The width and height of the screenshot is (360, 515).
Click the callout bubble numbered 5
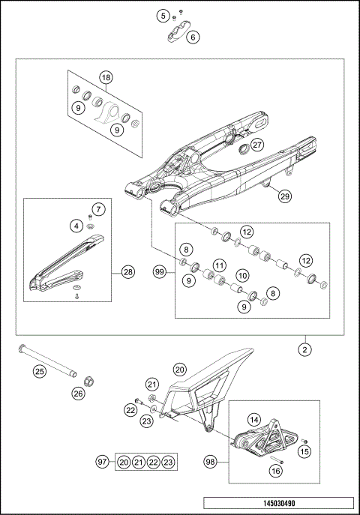point(162,15)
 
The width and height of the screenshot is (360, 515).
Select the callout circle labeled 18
point(106,78)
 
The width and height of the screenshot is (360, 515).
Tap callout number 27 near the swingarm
point(257,145)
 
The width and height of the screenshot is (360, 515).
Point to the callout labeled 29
point(284,196)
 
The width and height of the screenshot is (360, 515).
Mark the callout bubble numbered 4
point(78,224)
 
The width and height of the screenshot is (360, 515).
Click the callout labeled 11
point(218,265)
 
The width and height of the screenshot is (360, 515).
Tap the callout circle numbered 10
point(243,277)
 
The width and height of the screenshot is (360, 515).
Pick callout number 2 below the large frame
point(305,349)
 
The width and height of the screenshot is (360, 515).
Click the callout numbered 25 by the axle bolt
point(39,370)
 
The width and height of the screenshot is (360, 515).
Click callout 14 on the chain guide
point(254,421)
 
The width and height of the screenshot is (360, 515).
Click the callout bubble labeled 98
point(211,463)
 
